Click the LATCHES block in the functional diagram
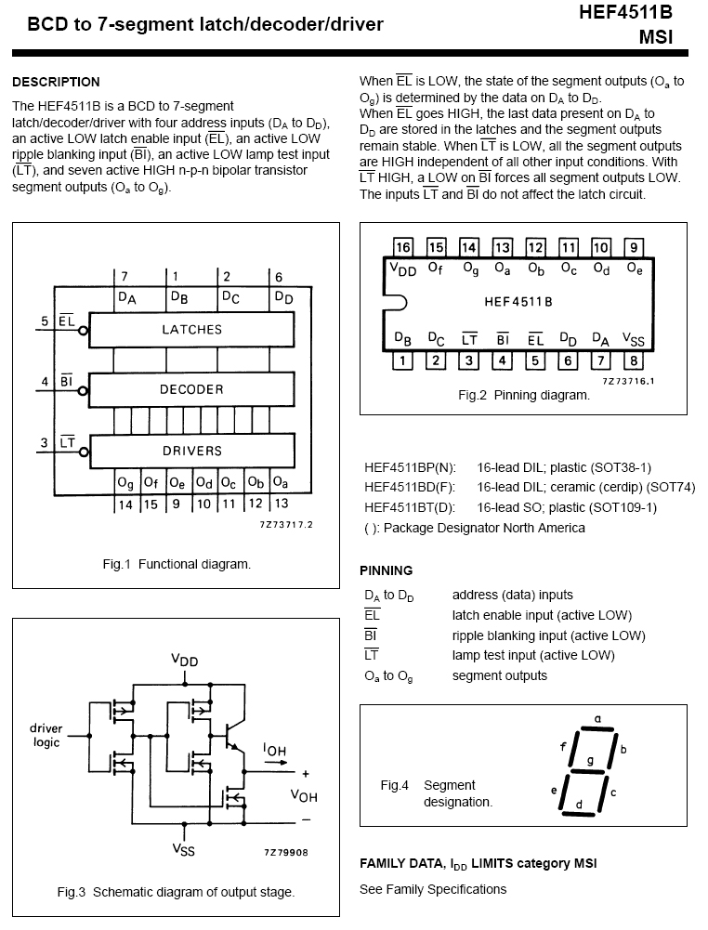coord(192,329)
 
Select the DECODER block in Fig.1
coord(192,389)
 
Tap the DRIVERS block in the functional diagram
coord(192,451)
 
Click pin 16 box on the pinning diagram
coord(402,247)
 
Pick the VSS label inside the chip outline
coord(633,339)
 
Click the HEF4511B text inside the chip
coord(518,302)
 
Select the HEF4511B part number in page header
coord(625,12)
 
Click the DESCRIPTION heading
coord(56,82)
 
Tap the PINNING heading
coord(386,570)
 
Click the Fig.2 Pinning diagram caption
coord(524,395)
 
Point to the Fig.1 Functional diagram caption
coord(176,564)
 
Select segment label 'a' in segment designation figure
coord(597,718)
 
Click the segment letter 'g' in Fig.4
coord(590,761)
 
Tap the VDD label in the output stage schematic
coord(184,660)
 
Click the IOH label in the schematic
coord(274,748)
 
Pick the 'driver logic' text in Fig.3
coord(46,735)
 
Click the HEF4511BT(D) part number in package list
coord(410,507)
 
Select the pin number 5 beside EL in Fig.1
coord(44,321)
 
